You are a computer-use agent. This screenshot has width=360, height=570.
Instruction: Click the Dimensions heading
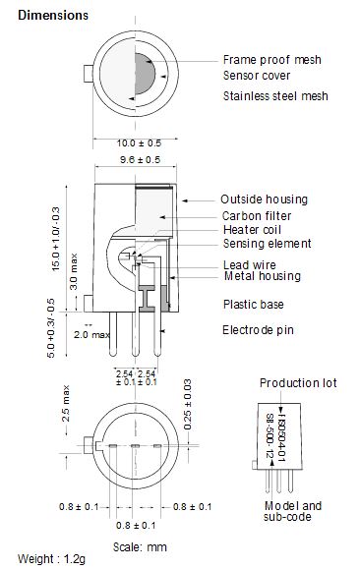point(53,16)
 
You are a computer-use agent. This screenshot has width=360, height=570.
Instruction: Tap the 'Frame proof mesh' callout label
point(271,60)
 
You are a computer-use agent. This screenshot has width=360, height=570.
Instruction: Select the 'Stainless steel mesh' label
point(275,96)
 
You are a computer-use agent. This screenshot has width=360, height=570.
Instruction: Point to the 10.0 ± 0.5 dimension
point(139,142)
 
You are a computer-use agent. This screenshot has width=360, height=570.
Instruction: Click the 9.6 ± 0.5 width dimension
point(140,159)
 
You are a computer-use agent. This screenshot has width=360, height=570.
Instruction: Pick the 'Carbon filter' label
point(257,216)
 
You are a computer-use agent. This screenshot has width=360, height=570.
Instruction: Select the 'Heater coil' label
point(252,230)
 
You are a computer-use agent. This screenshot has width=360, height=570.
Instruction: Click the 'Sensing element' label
point(268,244)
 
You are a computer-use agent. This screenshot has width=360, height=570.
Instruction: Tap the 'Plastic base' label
point(254,305)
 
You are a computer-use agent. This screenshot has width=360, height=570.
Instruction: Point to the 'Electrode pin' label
point(258,330)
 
